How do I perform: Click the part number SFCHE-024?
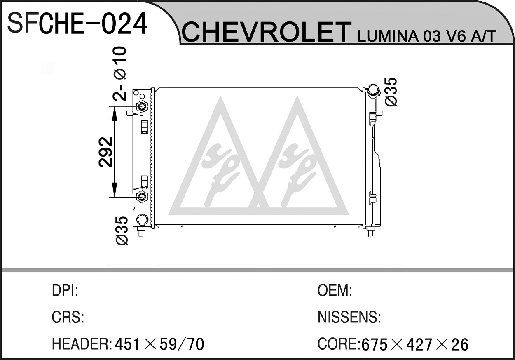pos(77,24)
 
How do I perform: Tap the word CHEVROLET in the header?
pos(267,33)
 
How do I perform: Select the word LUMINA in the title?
pos(388,36)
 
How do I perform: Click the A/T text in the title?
pos(483,36)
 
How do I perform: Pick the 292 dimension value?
pos(106,152)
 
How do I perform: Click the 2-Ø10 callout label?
pos(119,74)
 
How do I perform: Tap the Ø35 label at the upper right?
pos(391,92)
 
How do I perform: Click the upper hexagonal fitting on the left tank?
pos(142,106)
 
